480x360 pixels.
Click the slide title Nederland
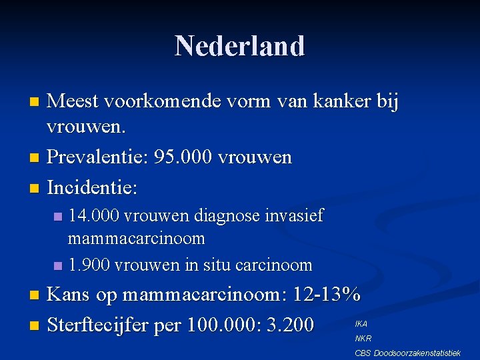[240, 46]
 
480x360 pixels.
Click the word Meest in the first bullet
[73, 102]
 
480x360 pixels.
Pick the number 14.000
[93, 216]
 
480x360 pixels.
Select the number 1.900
[90, 265]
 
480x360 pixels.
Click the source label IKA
[361, 323]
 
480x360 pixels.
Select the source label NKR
[363, 338]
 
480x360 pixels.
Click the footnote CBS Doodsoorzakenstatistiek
[407, 352]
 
